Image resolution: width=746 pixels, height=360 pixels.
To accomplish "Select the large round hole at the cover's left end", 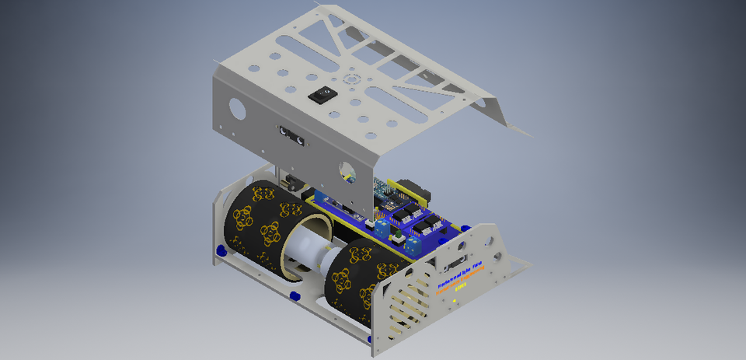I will pyautogui.click(x=237, y=108).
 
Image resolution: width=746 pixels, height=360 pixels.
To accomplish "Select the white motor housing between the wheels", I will pyautogui.click(x=309, y=249).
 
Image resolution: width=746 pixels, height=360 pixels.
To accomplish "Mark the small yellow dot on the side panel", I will pyautogui.click(x=454, y=300).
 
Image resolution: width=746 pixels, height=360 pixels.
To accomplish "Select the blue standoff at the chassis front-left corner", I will pyautogui.click(x=221, y=250).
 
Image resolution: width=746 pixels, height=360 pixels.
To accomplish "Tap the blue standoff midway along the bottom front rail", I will pyautogui.click(x=295, y=296).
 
